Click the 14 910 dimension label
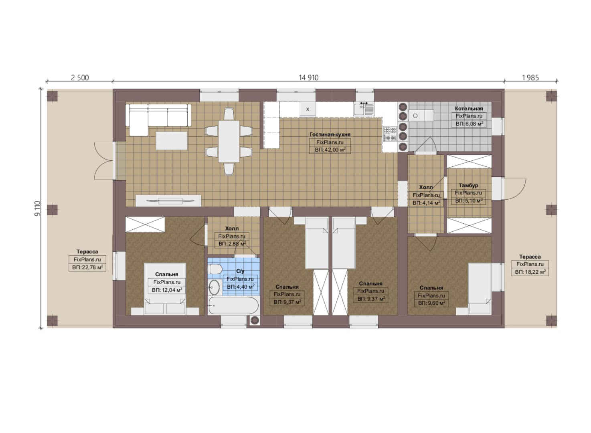click(x=308, y=77)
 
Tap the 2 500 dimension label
click(x=80, y=77)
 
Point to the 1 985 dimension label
click(x=530, y=77)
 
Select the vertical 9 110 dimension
click(x=38, y=208)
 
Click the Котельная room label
click(x=469, y=108)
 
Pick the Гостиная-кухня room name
click(x=330, y=135)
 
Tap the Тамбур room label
click(x=468, y=185)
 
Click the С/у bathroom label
click(x=240, y=271)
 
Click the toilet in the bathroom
click(x=215, y=269)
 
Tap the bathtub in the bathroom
click(x=233, y=306)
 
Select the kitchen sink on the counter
click(x=364, y=109)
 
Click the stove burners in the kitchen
click(x=390, y=134)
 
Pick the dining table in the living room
click(x=229, y=142)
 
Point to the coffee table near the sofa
click(x=172, y=140)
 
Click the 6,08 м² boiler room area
click(x=470, y=124)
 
